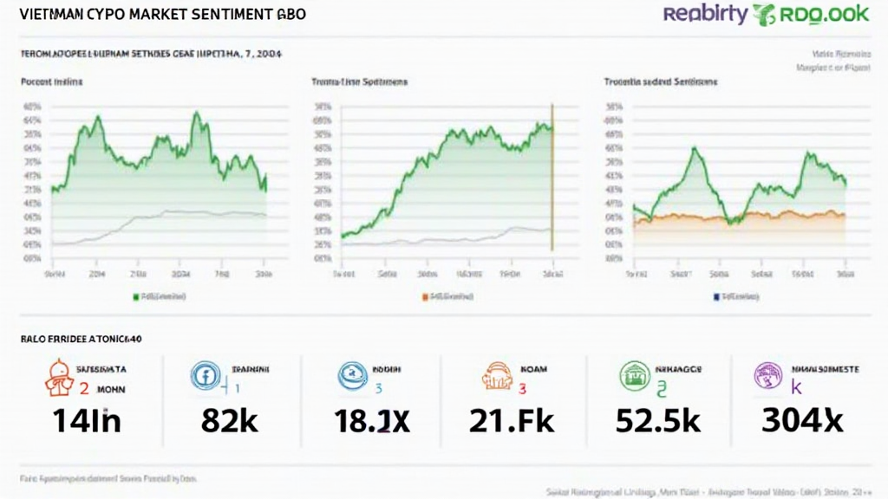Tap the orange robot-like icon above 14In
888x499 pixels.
[58, 377]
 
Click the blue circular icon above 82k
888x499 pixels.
[203, 375]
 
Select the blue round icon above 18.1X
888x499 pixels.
[350, 375]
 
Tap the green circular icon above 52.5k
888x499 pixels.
[635, 376]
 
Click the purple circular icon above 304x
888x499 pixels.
[769, 376]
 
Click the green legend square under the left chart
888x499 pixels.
[135, 296]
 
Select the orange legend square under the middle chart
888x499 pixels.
[425, 296]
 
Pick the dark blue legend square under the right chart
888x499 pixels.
[716, 296]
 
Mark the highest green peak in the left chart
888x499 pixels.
[197, 113]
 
